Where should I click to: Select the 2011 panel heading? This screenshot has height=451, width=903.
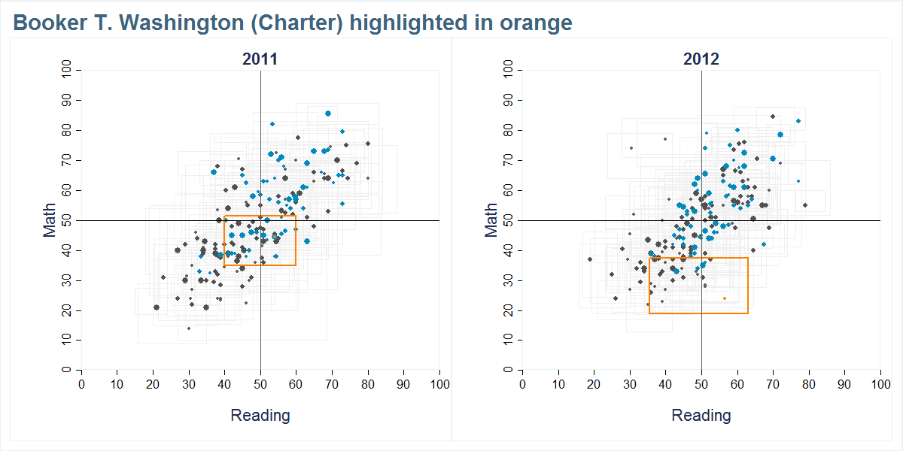pos(260,59)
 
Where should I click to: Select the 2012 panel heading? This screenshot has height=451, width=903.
pos(701,59)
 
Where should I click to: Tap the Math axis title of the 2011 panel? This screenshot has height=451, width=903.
pos(50,220)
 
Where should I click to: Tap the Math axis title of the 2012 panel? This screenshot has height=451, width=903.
pos(491,220)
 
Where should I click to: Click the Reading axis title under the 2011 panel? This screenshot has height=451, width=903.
pos(260,415)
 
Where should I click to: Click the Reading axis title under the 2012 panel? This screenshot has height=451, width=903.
pos(701,415)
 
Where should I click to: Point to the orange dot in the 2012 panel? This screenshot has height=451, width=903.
pos(725,298)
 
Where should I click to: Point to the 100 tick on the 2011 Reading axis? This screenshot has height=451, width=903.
pos(439,384)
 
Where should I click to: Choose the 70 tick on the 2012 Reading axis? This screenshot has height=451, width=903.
pos(773,384)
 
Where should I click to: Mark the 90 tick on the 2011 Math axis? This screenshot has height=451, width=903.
pos(67,100)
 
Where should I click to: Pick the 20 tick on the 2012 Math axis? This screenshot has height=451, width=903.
pos(508,310)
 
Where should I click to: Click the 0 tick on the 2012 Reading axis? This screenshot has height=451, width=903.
pos(523,384)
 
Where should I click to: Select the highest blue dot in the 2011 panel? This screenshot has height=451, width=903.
pos(328,114)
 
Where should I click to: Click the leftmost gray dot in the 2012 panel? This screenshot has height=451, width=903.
pos(590,259)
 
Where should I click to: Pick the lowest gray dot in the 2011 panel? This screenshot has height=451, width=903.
pos(189,328)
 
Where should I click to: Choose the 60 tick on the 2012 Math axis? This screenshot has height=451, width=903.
pos(508,190)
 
